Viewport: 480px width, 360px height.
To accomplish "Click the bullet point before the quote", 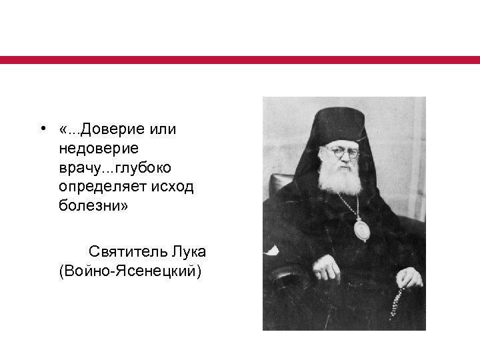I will tap(42, 129).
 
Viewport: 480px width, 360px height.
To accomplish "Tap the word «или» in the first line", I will tap(162, 129).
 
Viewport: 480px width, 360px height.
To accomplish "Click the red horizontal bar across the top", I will tap(240, 60).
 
